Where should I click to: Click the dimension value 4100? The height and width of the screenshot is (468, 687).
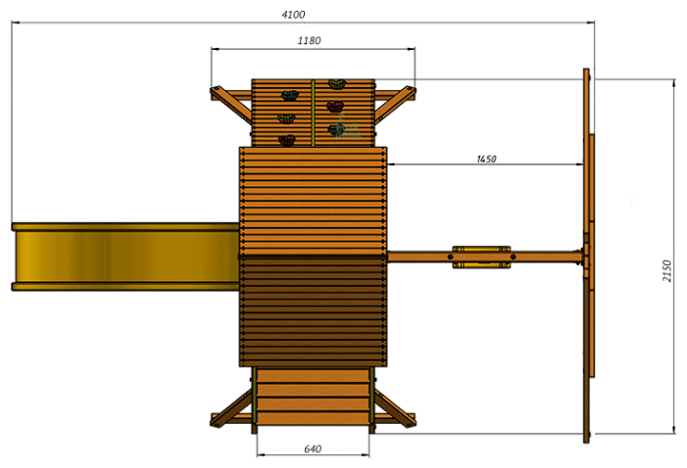[293, 15]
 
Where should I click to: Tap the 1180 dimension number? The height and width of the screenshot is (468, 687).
[309, 41]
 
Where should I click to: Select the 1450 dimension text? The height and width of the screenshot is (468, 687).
[486, 159]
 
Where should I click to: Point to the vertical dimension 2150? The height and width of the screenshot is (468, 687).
[666, 271]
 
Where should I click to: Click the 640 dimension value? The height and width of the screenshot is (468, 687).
[313, 448]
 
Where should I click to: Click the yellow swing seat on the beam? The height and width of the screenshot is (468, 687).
[481, 257]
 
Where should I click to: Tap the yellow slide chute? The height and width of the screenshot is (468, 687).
[125, 257]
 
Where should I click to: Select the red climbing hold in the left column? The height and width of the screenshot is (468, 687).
[287, 141]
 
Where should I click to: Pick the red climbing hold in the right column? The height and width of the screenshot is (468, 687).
[335, 107]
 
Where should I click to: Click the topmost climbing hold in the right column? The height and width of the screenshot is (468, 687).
[337, 83]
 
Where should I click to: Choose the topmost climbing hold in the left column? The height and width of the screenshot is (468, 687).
[289, 95]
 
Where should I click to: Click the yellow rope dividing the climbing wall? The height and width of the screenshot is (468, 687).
[313, 113]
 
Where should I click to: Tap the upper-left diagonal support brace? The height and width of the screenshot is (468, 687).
[231, 104]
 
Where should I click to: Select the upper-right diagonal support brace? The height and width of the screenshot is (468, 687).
[395, 104]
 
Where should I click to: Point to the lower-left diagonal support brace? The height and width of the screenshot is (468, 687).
[231, 408]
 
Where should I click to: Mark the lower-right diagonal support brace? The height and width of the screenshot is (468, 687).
[395, 408]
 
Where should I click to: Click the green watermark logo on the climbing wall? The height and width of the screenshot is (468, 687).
[347, 127]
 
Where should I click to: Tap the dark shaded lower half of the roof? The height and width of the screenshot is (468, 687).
[314, 311]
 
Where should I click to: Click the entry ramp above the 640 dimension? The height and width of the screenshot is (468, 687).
[313, 397]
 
